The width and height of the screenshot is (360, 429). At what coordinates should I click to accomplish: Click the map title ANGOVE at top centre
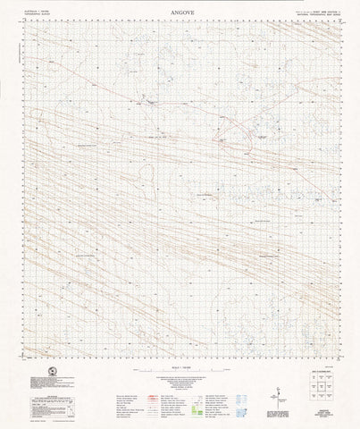click(180, 13)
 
